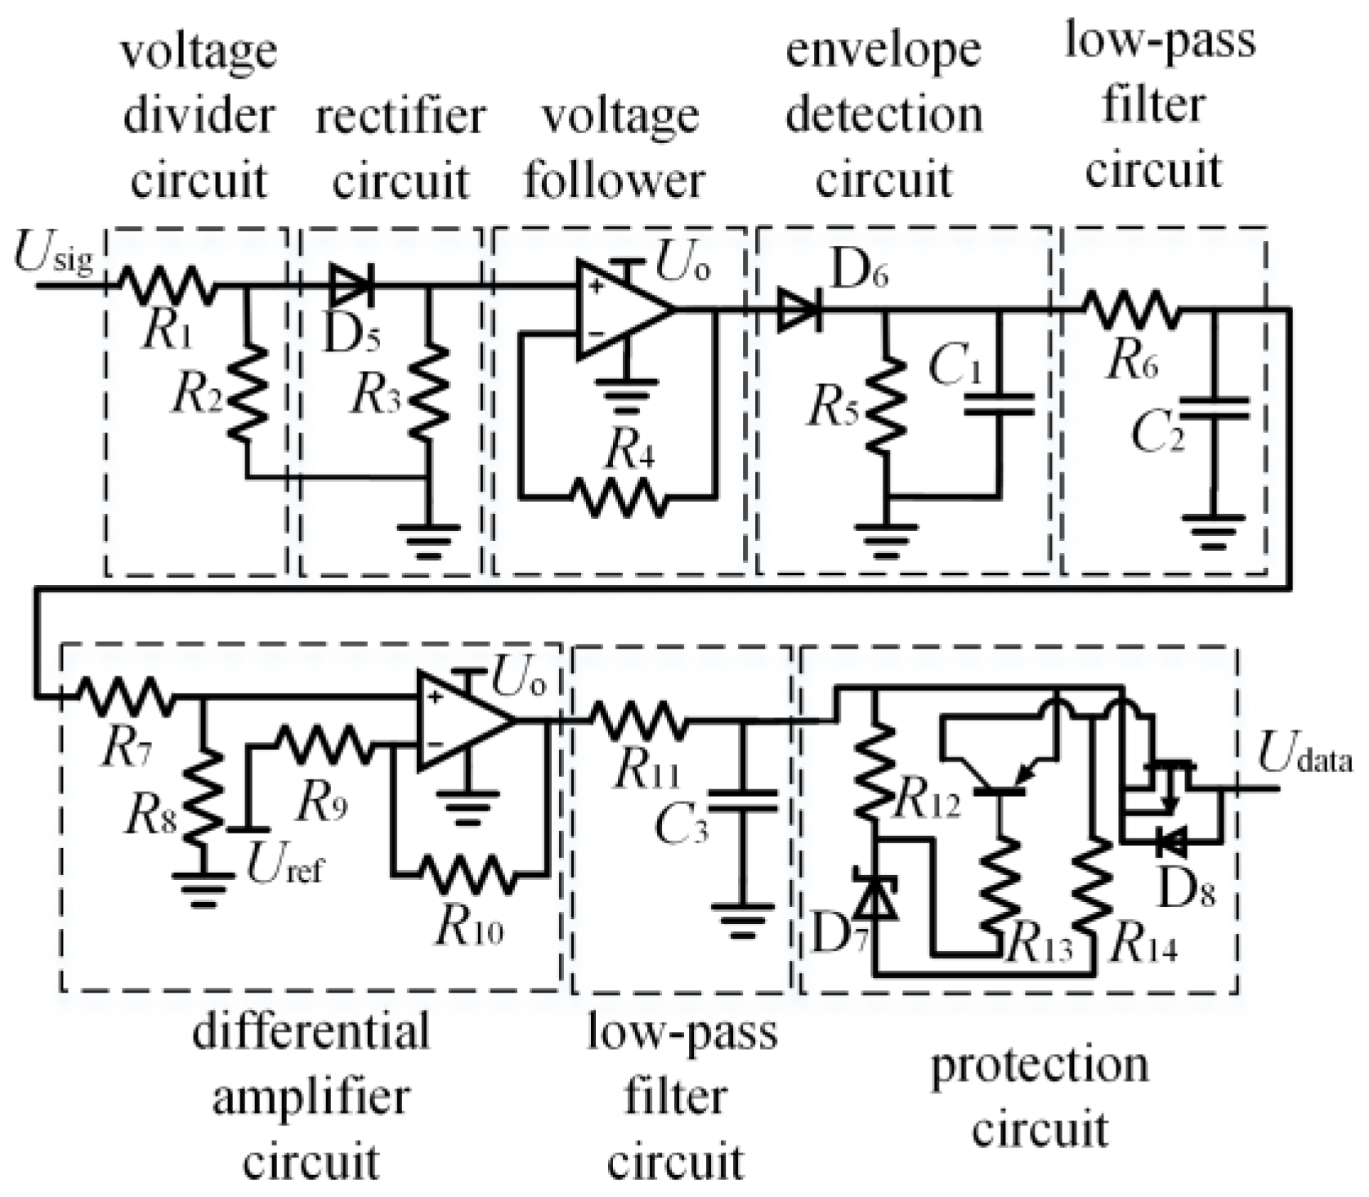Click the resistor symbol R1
coord(168,285)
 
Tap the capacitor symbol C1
coord(998,404)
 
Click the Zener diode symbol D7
coord(875,896)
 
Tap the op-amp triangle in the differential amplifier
coord(462,721)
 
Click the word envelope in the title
coord(884,49)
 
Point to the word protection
coord(1040,1066)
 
